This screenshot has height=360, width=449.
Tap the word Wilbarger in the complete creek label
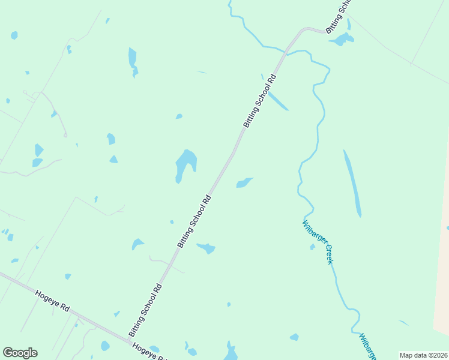(x=312, y=232)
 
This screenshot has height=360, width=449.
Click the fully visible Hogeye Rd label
(x=53, y=301)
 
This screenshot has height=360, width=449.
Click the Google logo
(x=20, y=353)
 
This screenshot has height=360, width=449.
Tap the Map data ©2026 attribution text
(x=423, y=355)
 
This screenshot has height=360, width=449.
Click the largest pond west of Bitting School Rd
(x=185, y=163)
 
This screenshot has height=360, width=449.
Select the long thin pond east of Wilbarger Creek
(x=352, y=183)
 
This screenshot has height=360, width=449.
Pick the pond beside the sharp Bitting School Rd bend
(x=342, y=40)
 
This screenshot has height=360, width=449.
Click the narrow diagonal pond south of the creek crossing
(x=277, y=100)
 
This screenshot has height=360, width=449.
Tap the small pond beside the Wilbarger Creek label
(x=313, y=247)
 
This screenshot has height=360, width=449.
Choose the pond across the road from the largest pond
(x=243, y=182)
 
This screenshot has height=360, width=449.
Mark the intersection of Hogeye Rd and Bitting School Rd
(x=130, y=341)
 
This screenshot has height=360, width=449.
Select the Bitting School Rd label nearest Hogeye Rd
(x=146, y=310)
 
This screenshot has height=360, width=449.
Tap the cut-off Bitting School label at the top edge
(x=337, y=16)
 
